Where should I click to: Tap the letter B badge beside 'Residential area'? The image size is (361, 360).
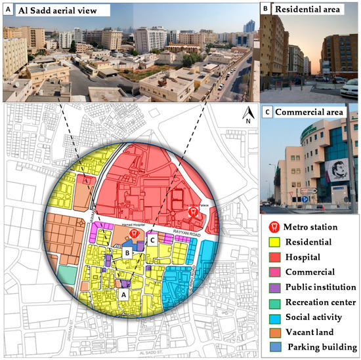tap(265, 10)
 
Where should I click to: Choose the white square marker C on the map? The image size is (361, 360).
tap(152, 240)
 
